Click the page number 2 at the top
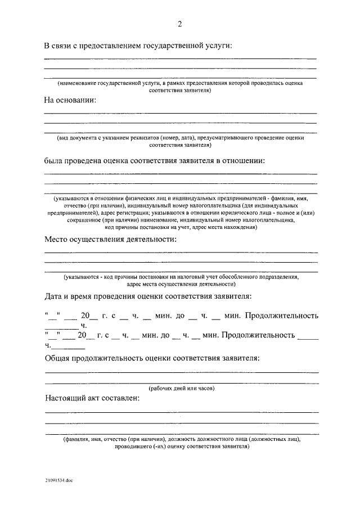tap(180, 24)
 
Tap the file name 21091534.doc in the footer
tap(60, 482)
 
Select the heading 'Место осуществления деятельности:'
tap(110, 240)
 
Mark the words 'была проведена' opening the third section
tap(72, 160)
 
